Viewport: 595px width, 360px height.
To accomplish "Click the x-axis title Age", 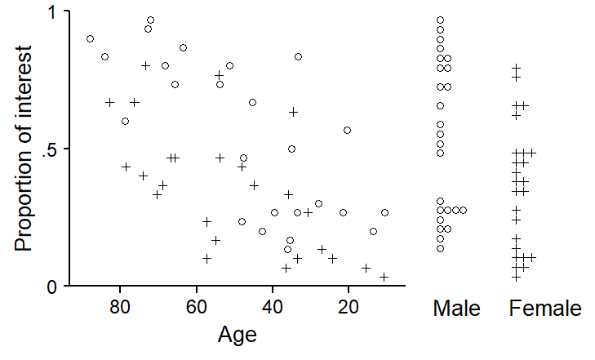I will click(238, 334).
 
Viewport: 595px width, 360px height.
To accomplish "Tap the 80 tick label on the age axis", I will click(121, 307).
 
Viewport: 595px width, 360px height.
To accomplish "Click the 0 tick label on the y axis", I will click(51, 287).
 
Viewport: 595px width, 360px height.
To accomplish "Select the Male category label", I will click(457, 309).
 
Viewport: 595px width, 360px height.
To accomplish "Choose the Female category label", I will click(545, 309).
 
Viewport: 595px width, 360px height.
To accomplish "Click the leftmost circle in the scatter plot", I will click(90, 38).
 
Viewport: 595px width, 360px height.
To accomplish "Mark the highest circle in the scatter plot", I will click(150, 20).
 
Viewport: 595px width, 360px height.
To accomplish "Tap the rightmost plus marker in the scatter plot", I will click(384, 277).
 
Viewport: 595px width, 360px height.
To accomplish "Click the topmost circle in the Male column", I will click(441, 20).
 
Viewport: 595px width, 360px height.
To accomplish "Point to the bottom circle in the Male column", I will click(441, 248).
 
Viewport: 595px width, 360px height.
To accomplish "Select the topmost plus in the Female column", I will click(516, 68).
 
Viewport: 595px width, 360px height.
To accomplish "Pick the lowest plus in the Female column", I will click(516, 277).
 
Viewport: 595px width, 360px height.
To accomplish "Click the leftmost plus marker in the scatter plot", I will click(110, 102).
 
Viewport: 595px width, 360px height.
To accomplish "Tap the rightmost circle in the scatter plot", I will click(384, 212).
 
